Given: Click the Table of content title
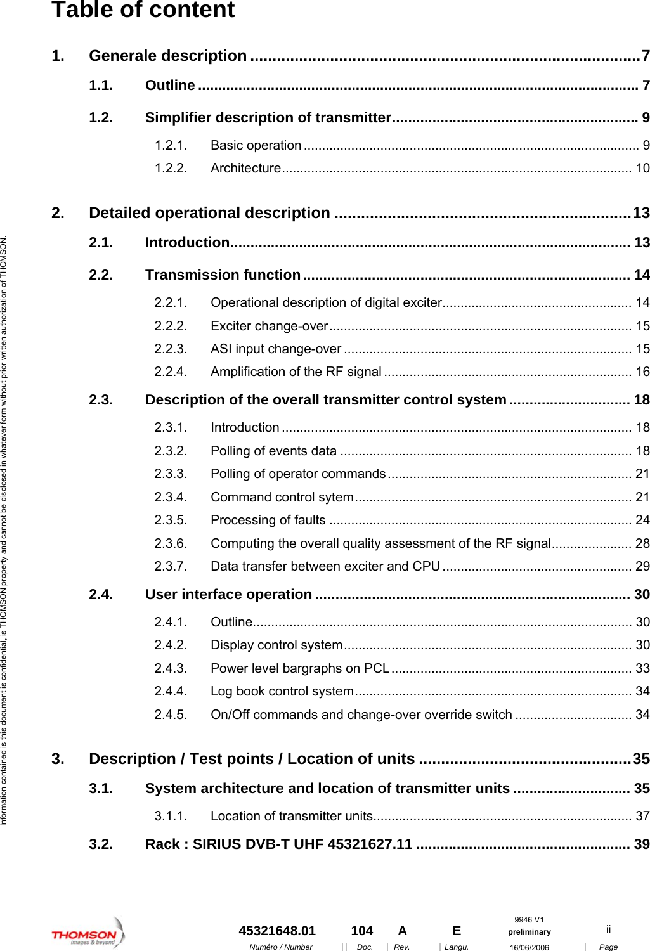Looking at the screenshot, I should pyautogui.click(x=143, y=10).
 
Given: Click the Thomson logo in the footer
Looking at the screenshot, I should pyautogui.click(x=88, y=933).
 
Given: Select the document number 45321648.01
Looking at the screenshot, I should pyautogui.click(x=276, y=931).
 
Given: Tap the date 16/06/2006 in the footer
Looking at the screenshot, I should pyautogui.click(x=529, y=947).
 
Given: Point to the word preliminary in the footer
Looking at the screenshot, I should pyautogui.click(x=529, y=932).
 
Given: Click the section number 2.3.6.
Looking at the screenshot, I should pyautogui.click(x=171, y=543).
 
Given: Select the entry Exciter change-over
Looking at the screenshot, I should pyautogui.click(x=269, y=326).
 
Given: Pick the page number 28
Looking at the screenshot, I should pyautogui.click(x=642, y=543).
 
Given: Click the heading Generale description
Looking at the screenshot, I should pyautogui.click(x=167, y=56).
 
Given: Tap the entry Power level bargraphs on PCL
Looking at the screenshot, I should pyautogui.click(x=299, y=668).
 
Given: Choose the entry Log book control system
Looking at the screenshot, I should pyautogui.click(x=282, y=691).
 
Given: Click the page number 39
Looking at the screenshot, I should pyautogui.click(x=642, y=844).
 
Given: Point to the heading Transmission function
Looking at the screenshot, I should pyautogui.click(x=223, y=275).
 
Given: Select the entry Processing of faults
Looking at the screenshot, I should pyautogui.click(x=268, y=521).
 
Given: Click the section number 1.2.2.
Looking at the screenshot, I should pyautogui.click(x=171, y=168).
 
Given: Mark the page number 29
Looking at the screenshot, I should pyautogui.click(x=642, y=566).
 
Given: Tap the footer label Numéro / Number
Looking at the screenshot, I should pyautogui.click(x=280, y=947).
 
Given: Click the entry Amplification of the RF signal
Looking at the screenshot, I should pyautogui.click(x=296, y=372).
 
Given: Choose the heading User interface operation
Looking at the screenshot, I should pyautogui.click(x=228, y=595).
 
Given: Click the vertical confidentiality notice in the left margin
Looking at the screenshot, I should pyautogui.click(x=4, y=530).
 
